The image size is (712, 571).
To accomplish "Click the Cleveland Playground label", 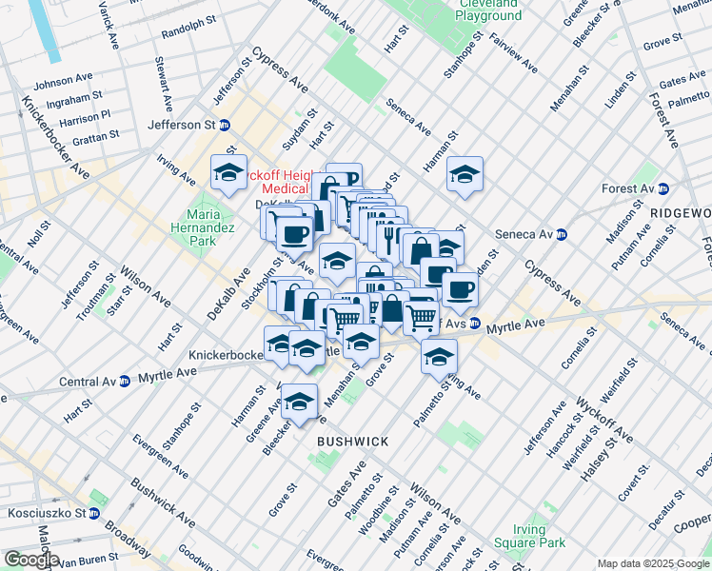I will coord(490,10).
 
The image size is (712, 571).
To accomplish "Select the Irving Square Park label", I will coord(520,537).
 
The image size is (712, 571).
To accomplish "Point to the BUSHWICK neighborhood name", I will coord(352,442).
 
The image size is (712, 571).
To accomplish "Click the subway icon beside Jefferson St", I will coord(225,125).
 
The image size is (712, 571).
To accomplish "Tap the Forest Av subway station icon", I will coord(663,188).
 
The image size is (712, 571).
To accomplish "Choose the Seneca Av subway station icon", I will coord(562,234).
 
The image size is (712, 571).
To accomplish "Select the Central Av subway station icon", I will coord(125,382).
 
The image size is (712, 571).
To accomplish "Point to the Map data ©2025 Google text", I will coord(653,563).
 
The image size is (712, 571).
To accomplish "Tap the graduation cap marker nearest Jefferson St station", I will coord(228,172).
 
